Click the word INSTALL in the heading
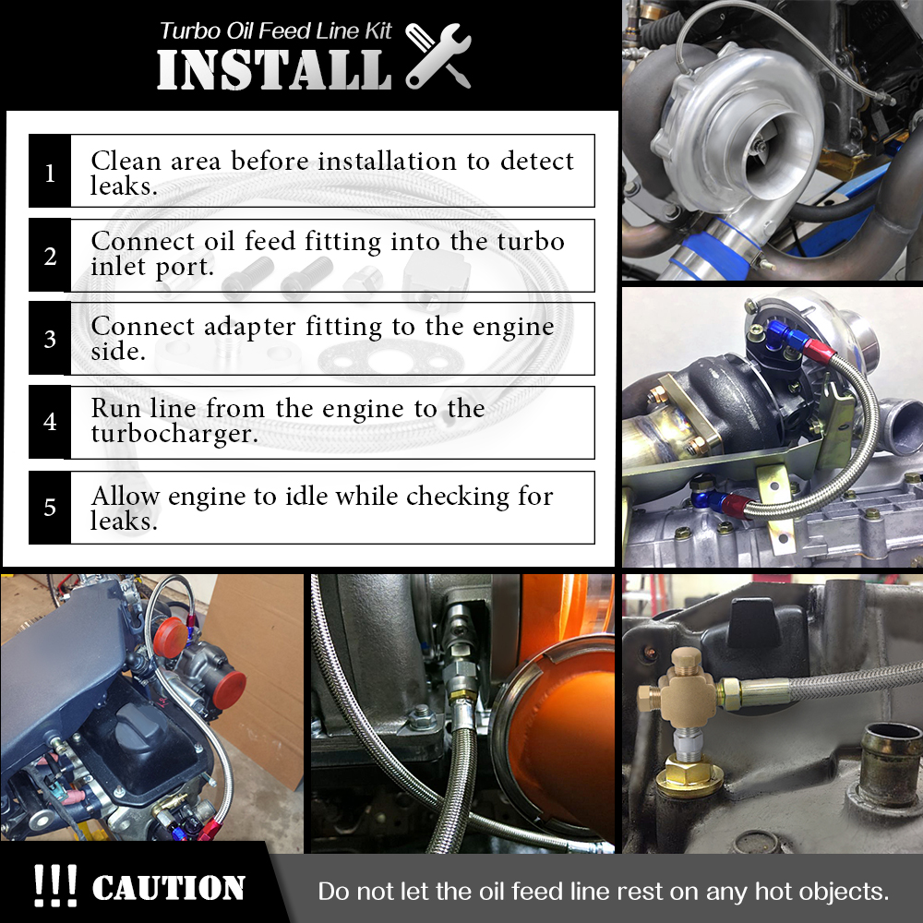tap(274, 69)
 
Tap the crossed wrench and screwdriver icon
tap(438, 55)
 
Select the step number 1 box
tap(50, 172)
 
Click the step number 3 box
tap(50, 339)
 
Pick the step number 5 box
tap(50, 508)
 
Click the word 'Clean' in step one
tap(126, 161)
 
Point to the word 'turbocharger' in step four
tap(174, 434)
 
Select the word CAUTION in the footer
tap(168, 888)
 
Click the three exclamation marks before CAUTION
tap(54, 885)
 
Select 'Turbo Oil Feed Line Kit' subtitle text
tap(275, 31)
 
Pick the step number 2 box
tap(50, 255)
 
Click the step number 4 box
tap(50, 422)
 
